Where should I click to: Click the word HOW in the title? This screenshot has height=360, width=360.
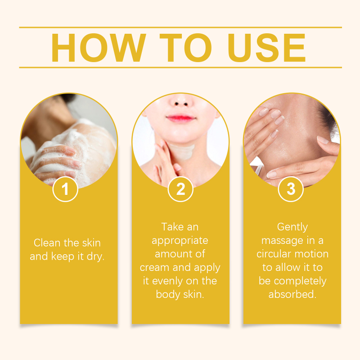[x=99, y=48]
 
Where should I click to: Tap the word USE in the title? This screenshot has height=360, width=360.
[x=267, y=48]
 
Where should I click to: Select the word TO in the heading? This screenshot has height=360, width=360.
[x=185, y=48]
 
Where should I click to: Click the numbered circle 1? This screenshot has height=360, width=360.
[x=65, y=189]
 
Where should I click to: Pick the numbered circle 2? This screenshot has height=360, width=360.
[x=180, y=189]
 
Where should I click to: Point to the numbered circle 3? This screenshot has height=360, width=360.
[x=291, y=189]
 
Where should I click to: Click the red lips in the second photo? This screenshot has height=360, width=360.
[x=181, y=118]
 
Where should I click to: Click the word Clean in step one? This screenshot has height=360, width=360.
[x=47, y=243]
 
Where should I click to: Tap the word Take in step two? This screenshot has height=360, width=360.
[x=172, y=227]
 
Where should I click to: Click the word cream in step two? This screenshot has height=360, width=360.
[x=154, y=268]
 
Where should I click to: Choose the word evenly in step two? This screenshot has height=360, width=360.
[x=167, y=281]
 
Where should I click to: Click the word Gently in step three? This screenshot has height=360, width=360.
[x=292, y=227]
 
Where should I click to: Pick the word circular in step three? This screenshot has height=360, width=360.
[x=274, y=254]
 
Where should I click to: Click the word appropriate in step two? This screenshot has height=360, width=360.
[x=180, y=241]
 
